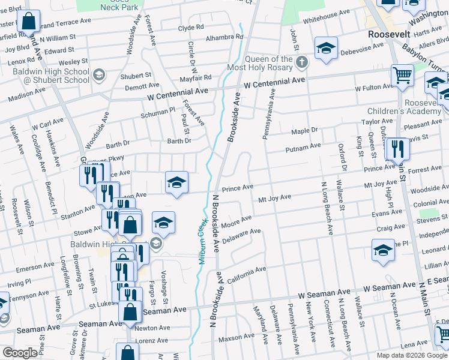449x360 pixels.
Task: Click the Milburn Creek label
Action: [201, 236]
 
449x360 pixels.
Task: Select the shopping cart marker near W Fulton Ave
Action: [402, 76]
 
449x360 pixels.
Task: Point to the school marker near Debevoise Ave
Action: [326, 48]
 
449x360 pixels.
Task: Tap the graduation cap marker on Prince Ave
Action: [177, 182]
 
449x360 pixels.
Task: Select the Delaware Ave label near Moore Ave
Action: [241, 236]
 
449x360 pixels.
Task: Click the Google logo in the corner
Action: [20, 353]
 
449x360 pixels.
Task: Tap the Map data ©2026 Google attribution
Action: [412, 355]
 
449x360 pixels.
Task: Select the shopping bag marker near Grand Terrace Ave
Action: [28, 22]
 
